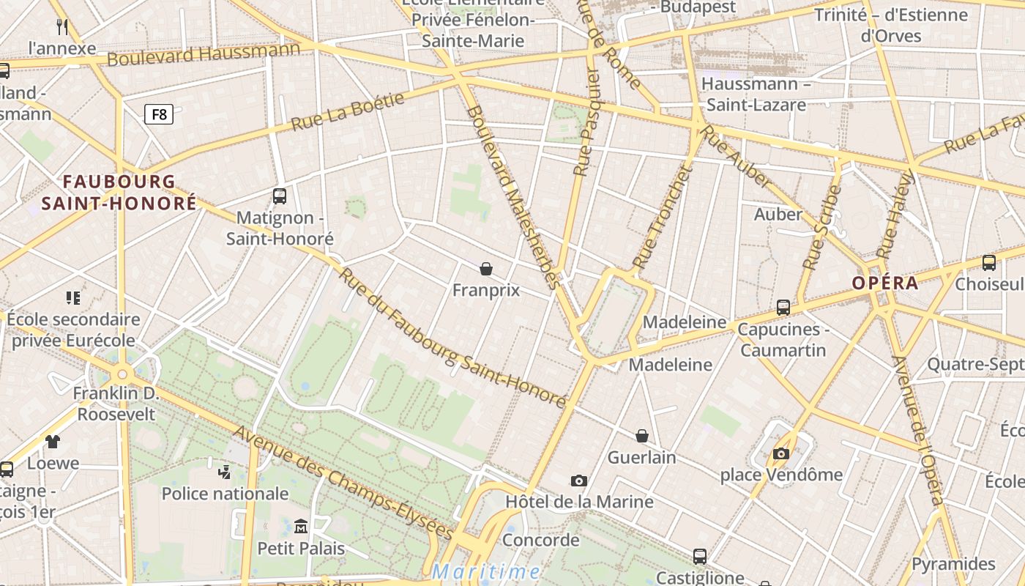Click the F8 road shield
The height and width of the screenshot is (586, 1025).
click(x=159, y=114)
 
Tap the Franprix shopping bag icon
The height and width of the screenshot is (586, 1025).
click(x=485, y=270)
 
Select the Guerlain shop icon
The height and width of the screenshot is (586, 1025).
click(x=642, y=437)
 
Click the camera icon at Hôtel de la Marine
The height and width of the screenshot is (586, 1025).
click(x=579, y=481)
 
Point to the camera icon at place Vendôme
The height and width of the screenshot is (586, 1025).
click(x=781, y=454)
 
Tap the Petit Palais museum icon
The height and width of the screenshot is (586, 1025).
click(x=301, y=527)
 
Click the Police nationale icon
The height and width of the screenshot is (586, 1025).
click(x=225, y=472)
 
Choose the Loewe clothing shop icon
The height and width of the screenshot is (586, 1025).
click(x=53, y=442)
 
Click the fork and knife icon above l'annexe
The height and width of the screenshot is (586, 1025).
click(x=62, y=27)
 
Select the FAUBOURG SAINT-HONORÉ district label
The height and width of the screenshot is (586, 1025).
click(x=119, y=192)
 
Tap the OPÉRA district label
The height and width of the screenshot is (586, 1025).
click(x=884, y=283)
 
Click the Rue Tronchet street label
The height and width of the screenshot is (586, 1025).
click(x=661, y=218)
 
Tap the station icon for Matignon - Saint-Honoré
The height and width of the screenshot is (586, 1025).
click(x=280, y=196)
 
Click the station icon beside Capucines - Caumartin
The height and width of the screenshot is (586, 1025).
click(x=783, y=308)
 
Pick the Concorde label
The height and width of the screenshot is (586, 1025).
click(x=541, y=541)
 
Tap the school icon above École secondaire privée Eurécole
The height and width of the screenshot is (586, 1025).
click(x=73, y=298)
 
